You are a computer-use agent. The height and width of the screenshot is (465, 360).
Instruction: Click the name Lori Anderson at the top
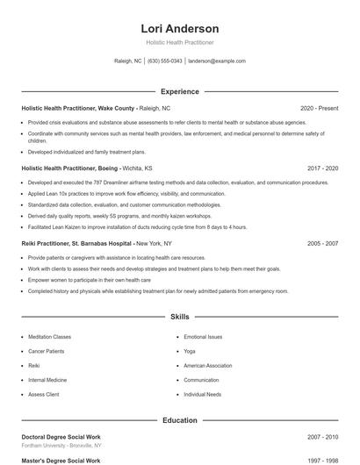pos(179,29)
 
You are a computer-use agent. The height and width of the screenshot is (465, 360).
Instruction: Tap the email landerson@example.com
pos(217,61)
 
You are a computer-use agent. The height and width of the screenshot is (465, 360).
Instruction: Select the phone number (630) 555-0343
pos(165,61)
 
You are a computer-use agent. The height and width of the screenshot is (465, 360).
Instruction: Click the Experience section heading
pos(179,91)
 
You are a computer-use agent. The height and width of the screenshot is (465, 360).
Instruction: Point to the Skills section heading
pos(179,316)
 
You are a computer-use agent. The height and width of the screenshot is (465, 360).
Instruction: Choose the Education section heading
pos(179,420)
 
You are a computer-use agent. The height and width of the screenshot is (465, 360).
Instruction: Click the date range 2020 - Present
pos(319,108)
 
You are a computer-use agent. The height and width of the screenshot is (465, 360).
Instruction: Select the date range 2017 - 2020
pos(322,168)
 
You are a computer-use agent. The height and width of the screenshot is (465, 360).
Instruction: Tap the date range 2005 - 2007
pos(322,243)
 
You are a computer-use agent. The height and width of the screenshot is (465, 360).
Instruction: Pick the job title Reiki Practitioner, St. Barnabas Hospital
pos(77,243)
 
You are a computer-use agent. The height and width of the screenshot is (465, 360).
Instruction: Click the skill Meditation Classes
pos(49,336)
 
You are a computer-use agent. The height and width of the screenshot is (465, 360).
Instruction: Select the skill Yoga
pos(190,351)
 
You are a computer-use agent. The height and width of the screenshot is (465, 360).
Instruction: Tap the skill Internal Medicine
pos(47,380)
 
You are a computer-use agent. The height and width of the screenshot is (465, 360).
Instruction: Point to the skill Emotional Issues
pos(203,336)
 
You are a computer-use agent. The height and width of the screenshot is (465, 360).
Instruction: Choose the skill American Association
pos(207,365)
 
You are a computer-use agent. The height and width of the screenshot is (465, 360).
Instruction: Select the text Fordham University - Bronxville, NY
pos(61,445)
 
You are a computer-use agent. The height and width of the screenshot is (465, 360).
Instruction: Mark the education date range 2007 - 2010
pos(322,436)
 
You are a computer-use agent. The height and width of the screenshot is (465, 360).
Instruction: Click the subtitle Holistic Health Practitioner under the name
pos(179,42)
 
